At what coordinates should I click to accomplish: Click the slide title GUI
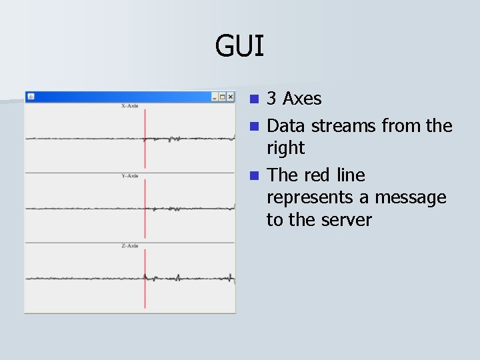coord(239,47)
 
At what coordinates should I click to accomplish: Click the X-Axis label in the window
coord(129,106)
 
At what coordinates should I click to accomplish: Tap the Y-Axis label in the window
coord(129,176)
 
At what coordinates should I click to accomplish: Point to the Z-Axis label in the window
coord(129,246)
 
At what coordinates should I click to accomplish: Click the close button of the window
coord(231,97)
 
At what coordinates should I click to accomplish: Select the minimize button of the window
coord(215,97)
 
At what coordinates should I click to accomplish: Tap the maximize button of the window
coord(223,97)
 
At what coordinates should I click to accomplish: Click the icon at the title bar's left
coord(30,97)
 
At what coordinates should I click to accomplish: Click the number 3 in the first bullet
coord(271,99)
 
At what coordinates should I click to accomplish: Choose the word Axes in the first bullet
coord(302,99)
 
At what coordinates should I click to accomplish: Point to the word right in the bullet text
coord(285,148)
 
